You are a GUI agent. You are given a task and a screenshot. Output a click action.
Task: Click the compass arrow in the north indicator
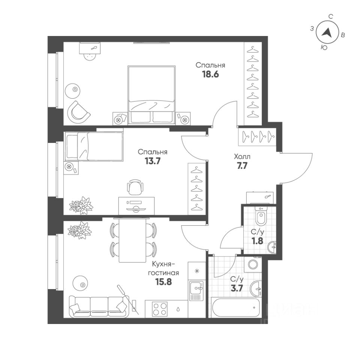pos(327,33)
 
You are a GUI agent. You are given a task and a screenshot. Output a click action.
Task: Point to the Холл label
pos(242,156)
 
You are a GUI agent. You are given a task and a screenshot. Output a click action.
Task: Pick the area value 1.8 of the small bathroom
pos(257,240)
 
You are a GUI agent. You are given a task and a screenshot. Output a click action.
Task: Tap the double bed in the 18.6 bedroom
pos(151,94)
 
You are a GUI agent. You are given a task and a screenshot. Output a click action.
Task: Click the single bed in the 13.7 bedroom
pos(94,146)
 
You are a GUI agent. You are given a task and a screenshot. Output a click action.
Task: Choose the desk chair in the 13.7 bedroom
pos(135,187)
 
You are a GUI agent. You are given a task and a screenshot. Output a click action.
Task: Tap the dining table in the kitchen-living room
pos(132,240)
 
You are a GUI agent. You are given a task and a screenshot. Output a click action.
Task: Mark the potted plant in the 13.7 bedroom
pos(81,205)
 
